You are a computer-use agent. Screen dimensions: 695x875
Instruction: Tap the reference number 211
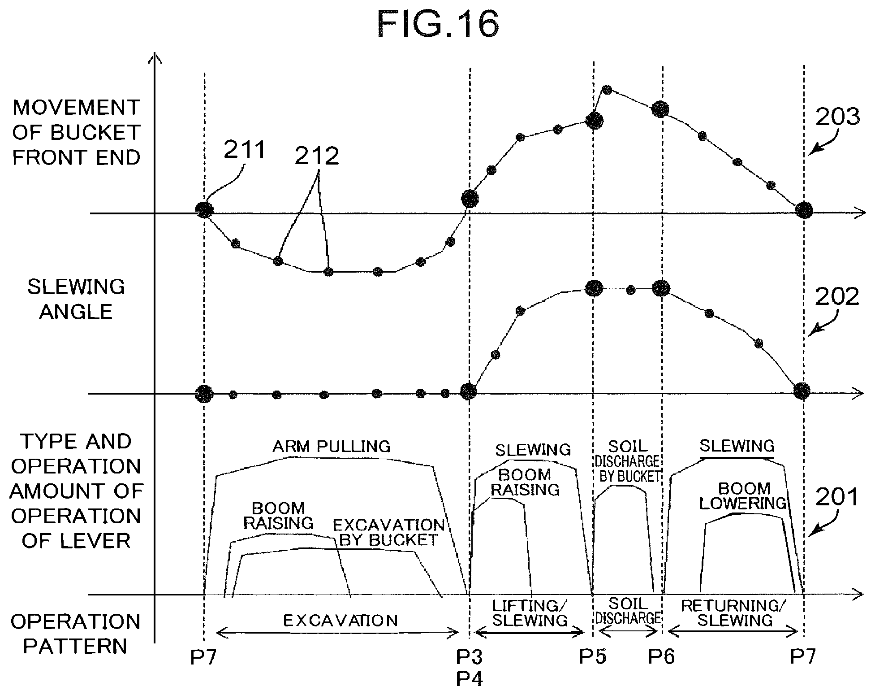(x=245, y=149)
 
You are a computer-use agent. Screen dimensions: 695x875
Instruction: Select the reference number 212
(x=317, y=156)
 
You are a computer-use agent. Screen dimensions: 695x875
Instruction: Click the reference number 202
(x=837, y=297)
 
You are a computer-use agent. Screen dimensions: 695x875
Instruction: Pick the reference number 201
(x=837, y=497)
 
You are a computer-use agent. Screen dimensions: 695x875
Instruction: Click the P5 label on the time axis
(x=592, y=656)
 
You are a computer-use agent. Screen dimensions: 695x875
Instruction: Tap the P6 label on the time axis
(x=661, y=657)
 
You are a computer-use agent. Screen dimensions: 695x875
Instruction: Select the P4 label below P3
(x=469, y=680)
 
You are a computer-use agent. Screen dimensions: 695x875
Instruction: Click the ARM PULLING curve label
(x=332, y=446)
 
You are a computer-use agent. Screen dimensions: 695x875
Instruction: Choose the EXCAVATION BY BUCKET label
(x=388, y=532)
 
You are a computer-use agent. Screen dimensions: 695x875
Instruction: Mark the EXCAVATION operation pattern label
(x=341, y=621)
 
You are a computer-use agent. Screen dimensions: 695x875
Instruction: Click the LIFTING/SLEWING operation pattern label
(x=530, y=613)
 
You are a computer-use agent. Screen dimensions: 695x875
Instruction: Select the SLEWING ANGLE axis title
(x=76, y=299)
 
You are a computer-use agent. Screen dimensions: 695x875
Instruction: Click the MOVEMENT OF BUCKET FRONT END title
(x=76, y=133)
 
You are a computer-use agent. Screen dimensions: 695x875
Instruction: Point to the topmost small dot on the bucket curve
(x=607, y=90)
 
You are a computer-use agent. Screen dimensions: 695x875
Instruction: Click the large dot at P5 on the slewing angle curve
(x=594, y=288)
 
